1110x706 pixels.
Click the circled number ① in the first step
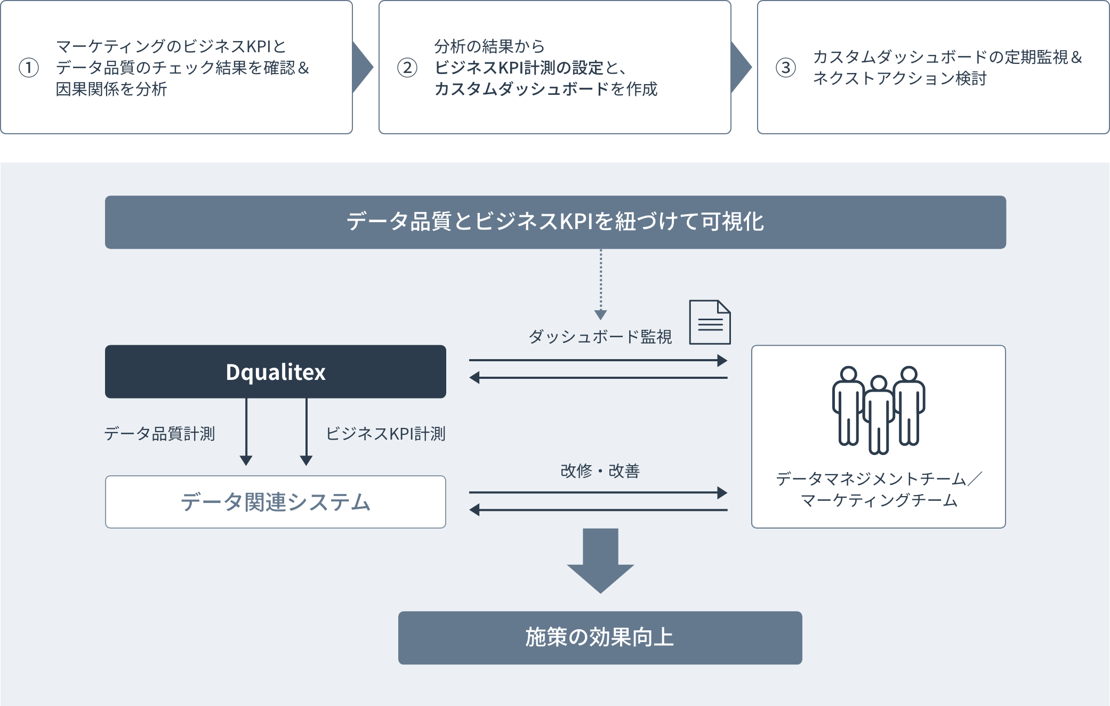click(29, 68)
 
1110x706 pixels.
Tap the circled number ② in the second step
click(407, 68)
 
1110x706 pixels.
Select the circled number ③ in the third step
click(786, 68)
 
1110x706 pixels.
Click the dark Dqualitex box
click(275, 371)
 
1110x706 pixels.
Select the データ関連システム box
click(275, 502)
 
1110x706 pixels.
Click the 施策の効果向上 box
click(600, 637)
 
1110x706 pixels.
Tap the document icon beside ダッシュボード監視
click(710, 322)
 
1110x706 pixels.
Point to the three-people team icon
click(878, 409)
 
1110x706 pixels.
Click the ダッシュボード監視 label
click(600, 337)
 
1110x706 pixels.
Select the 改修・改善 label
click(600, 471)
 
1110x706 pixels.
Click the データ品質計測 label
click(160, 434)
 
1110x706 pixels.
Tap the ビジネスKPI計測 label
click(385, 434)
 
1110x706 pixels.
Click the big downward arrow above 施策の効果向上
click(600, 560)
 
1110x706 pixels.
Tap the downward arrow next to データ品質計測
click(246, 432)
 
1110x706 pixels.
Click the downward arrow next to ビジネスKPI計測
click(306, 432)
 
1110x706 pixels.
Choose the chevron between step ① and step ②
click(363, 68)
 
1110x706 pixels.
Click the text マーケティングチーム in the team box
click(879, 500)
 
